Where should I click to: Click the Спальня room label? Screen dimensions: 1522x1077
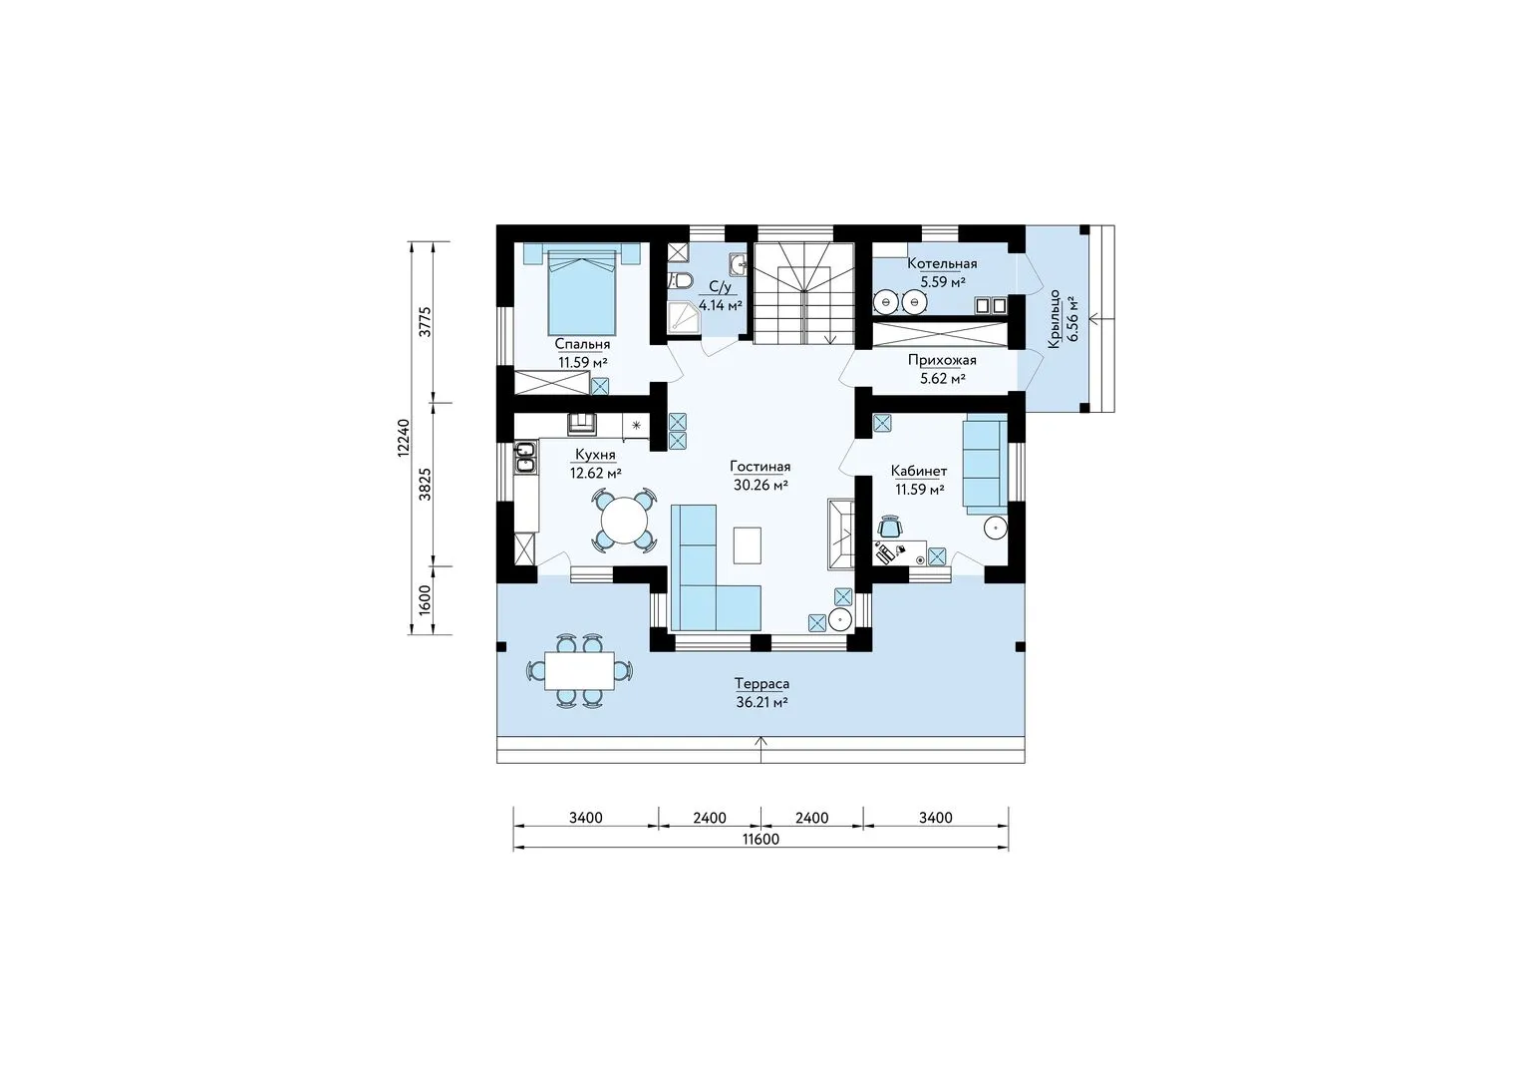point(582,344)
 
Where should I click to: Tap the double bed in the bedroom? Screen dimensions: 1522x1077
point(582,292)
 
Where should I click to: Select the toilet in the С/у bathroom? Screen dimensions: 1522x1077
point(680,280)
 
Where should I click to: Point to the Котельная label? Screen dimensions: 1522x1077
point(943,264)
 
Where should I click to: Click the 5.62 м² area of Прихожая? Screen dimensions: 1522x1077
point(943,379)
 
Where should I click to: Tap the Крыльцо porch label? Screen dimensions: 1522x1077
point(1055,319)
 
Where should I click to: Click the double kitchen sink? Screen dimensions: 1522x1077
point(525,457)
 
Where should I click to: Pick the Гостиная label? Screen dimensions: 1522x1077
point(761,467)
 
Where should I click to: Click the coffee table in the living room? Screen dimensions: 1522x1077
point(748,544)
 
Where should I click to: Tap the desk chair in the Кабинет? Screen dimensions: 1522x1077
point(890,526)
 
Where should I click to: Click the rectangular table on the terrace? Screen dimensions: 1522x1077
point(579,670)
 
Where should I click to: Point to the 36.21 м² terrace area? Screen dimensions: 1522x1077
point(761,702)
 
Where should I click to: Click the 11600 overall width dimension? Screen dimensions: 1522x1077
point(761,839)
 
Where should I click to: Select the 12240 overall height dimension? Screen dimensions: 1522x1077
point(404,438)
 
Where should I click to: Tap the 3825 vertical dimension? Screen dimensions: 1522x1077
point(425,485)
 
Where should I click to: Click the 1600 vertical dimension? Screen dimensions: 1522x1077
point(425,600)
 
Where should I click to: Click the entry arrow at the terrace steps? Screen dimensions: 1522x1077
point(761,750)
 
